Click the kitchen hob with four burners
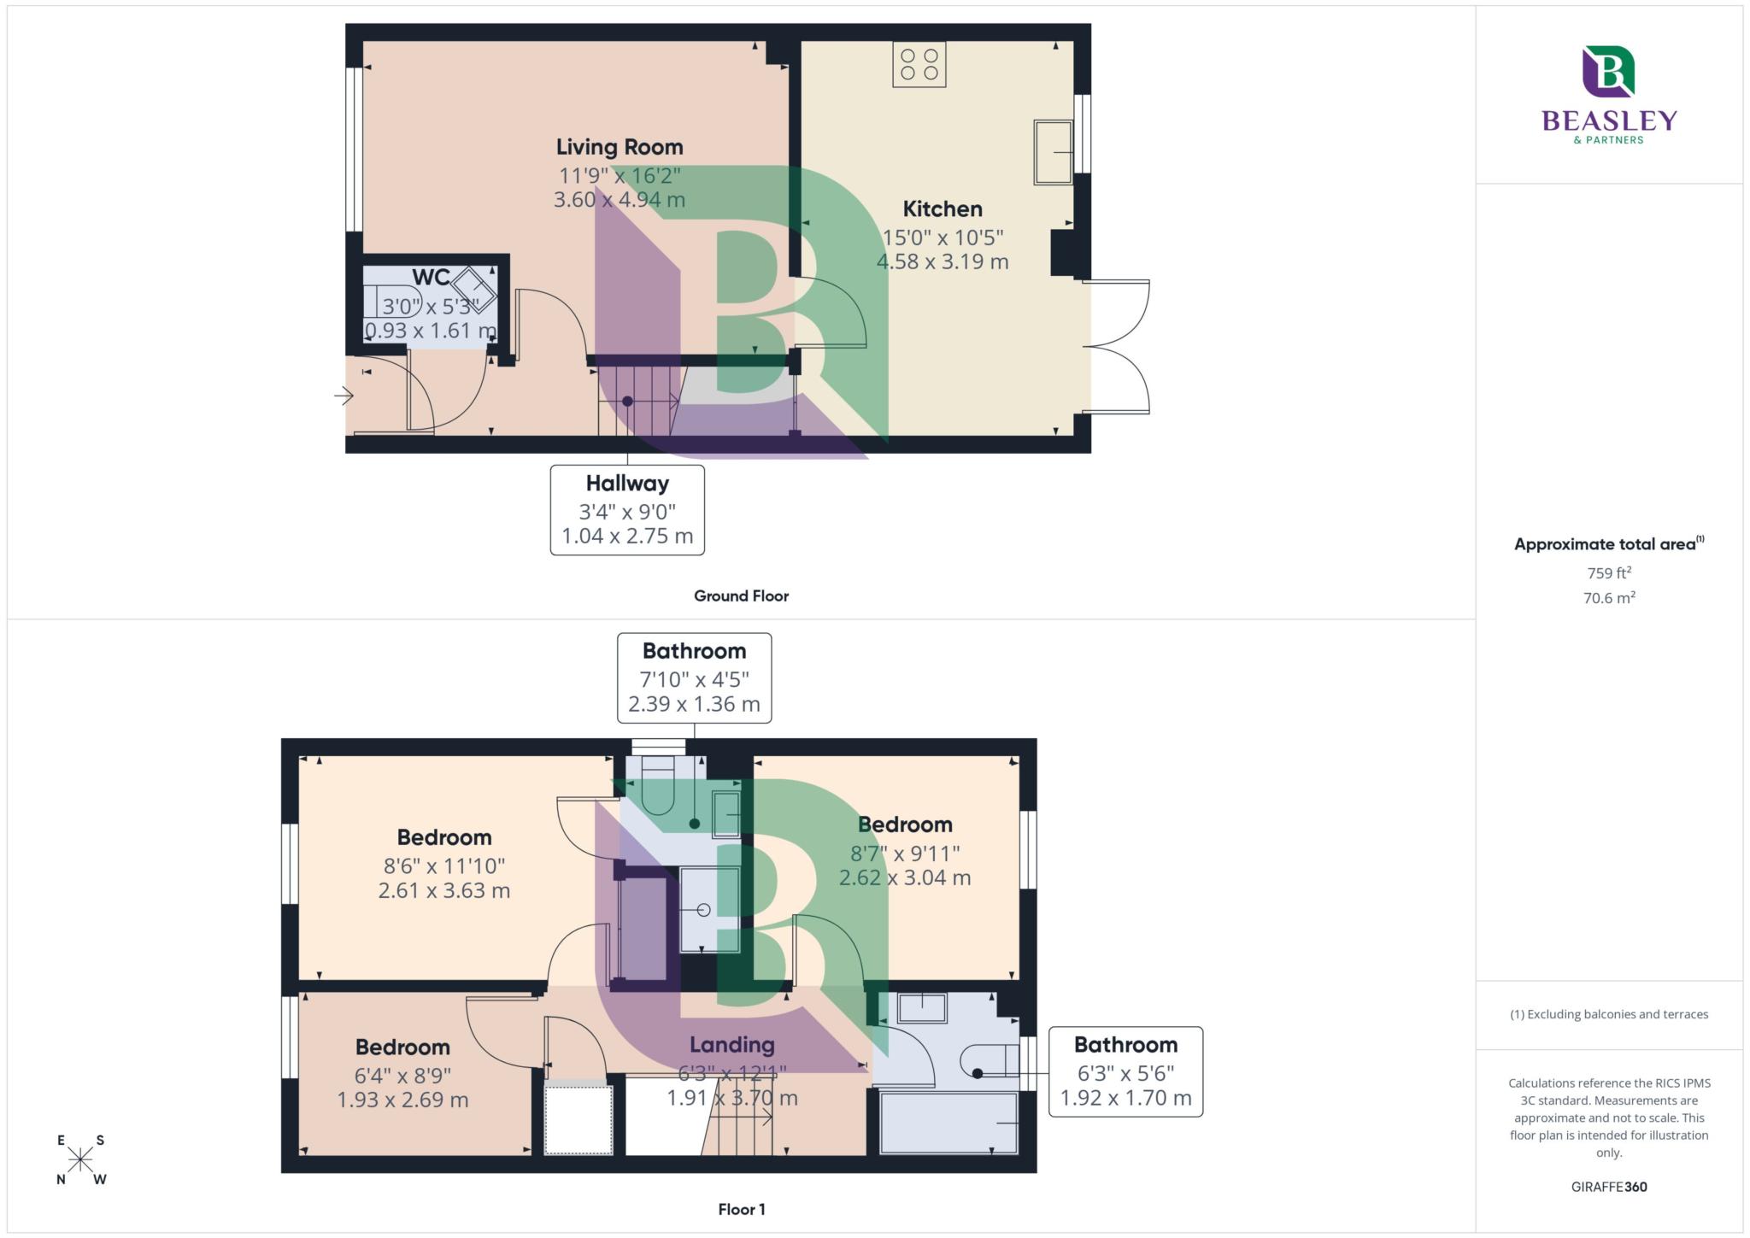pyautogui.click(x=919, y=65)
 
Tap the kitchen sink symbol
pyautogui.click(x=1053, y=152)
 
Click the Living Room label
pyautogui.click(x=619, y=147)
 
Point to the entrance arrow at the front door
pyautogui.click(x=344, y=396)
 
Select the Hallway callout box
pyautogui.click(x=627, y=509)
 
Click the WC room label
pyautogui.click(x=431, y=278)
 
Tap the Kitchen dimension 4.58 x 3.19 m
pyautogui.click(x=942, y=261)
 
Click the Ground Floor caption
pyautogui.click(x=740, y=596)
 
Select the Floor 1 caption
pyautogui.click(x=741, y=1209)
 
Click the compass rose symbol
pyautogui.click(x=80, y=1159)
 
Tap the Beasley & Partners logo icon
pyautogui.click(x=1608, y=72)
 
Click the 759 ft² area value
pyautogui.click(x=1608, y=573)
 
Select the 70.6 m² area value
pyautogui.click(x=1608, y=598)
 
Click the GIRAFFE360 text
pyautogui.click(x=1608, y=1187)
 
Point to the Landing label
pyautogui.click(x=731, y=1044)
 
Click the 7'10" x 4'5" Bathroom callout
pyautogui.click(x=694, y=678)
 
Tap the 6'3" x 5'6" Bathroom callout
pyautogui.click(x=1125, y=1071)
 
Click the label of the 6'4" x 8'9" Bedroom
pyautogui.click(x=402, y=1047)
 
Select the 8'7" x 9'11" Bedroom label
pyautogui.click(x=904, y=824)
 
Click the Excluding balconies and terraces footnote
pyautogui.click(x=1608, y=1014)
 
